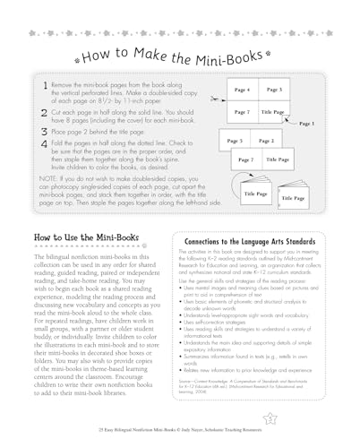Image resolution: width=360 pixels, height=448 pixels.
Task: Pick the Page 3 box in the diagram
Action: [x=275, y=91]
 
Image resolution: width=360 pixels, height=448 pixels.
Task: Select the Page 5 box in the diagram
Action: [x=236, y=141]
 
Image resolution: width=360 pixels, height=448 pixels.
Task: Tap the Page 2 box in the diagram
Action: [x=262, y=141]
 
